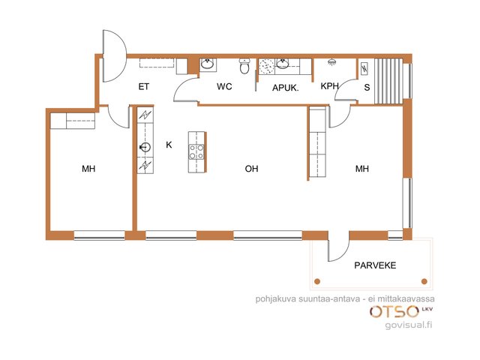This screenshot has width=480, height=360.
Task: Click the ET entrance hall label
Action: pos(144,87)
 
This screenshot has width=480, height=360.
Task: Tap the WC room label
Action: pos(224,86)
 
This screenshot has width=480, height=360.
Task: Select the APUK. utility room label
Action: pos(285,88)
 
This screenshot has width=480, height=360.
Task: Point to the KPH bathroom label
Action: pos(329,86)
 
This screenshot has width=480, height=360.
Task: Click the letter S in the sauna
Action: pos(367,88)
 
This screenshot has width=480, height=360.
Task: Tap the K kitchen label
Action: pos(169,145)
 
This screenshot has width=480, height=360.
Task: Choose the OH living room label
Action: pos(252,169)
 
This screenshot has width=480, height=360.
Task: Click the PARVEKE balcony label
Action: pos(375,265)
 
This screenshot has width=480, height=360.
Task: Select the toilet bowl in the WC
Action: pos(244,66)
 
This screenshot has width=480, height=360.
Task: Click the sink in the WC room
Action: pos(208,64)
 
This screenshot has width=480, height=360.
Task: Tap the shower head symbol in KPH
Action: pos(331,62)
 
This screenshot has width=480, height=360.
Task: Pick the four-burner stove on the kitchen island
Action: pos(196,151)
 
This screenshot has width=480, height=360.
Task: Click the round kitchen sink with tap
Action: pos(145,148)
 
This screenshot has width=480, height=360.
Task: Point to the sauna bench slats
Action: pos(388,82)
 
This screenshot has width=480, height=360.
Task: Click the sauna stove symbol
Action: pos(364,69)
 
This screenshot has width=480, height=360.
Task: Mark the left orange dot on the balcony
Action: pos(317,281)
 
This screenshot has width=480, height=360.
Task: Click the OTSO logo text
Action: pos(394,312)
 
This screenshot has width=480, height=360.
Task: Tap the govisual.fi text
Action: pos(409,325)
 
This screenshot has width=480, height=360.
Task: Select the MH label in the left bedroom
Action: pos(88,169)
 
